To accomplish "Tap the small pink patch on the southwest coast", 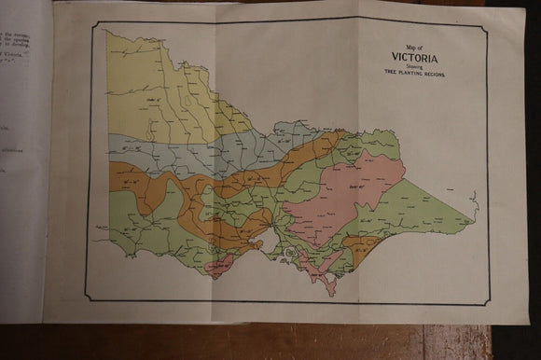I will [222, 269].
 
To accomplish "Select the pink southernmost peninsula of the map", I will [328, 283].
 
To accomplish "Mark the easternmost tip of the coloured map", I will [474, 223].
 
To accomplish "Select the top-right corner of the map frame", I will [487, 29].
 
